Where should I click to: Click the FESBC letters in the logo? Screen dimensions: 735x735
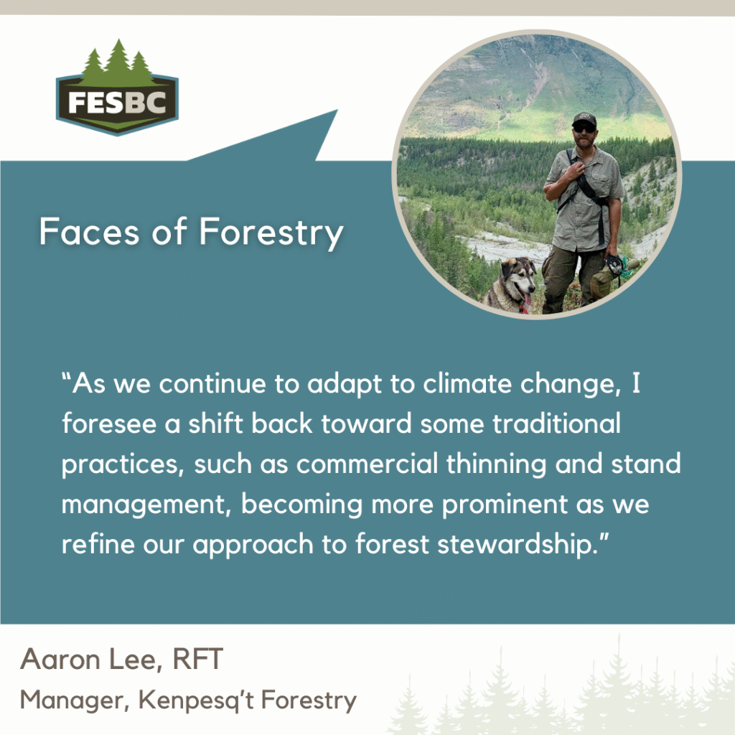(x=117, y=103)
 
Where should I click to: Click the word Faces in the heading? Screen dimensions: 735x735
(x=89, y=232)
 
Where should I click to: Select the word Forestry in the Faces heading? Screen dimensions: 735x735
(x=271, y=234)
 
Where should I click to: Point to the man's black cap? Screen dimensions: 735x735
(x=584, y=120)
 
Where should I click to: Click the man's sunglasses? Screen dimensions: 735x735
(x=584, y=128)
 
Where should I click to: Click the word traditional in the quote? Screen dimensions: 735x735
(x=556, y=423)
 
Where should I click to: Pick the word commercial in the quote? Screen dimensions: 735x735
(x=367, y=464)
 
